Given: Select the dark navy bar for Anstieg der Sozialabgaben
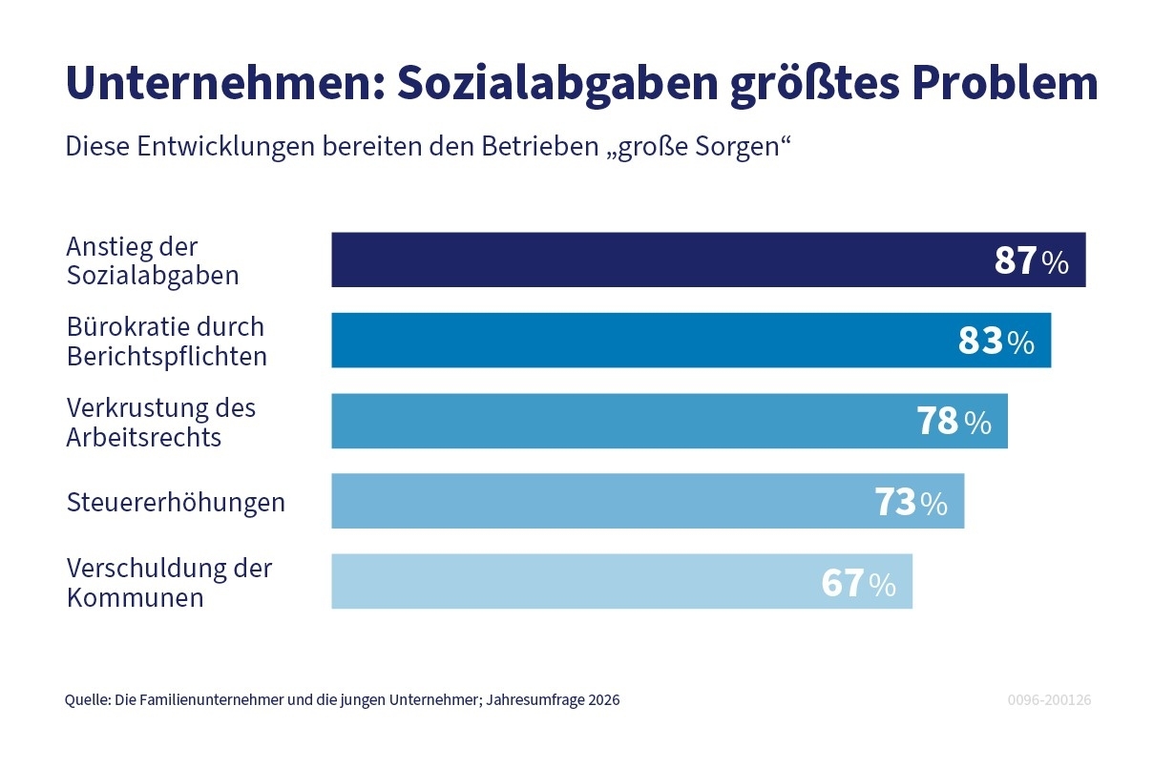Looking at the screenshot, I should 659,259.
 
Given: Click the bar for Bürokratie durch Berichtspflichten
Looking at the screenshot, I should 639,340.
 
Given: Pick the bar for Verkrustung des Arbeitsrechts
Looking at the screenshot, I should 620,421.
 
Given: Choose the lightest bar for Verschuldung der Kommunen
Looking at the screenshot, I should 573,581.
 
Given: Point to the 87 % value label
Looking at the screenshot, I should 1031,260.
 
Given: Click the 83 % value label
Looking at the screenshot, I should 996,341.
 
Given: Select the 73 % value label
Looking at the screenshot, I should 911,502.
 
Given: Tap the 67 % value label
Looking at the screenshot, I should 858,582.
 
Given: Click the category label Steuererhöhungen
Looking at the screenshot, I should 176,502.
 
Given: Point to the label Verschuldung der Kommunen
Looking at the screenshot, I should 169,582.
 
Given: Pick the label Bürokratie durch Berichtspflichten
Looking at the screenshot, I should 166,341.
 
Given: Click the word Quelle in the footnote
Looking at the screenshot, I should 86,699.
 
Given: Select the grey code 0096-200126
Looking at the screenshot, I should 1049,699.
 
